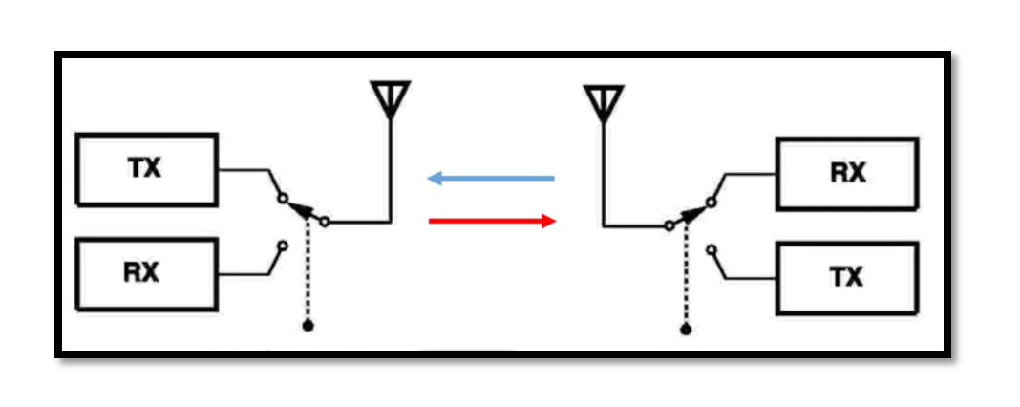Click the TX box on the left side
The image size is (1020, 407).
pyautogui.click(x=146, y=170)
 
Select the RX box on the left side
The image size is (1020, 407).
pyautogui.click(x=146, y=273)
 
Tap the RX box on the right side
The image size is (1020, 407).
pyautogui.click(x=847, y=174)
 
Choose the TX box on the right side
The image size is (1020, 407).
pyautogui.click(x=847, y=278)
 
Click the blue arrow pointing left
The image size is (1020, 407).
pyautogui.click(x=491, y=178)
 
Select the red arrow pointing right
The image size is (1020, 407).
pyautogui.click(x=492, y=221)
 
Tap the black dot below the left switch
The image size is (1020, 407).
pyautogui.click(x=308, y=326)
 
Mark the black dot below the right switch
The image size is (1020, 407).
pyautogui.click(x=685, y=331)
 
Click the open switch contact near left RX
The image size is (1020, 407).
pyautogui.click(x=283, y=246)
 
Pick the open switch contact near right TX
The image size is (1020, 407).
pyautogui.click(x=712, y=249)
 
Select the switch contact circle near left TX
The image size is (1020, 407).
pyautogui.click(x=283, y=198)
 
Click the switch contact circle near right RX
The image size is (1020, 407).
pyautogui.click(x=712, y=203)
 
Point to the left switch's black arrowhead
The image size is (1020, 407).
pyautogui.click(x=301, y=209)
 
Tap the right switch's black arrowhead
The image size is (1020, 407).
pyautogui.click(x=693, y=214)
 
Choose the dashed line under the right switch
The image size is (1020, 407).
pyautogui.click(x=685, y=273)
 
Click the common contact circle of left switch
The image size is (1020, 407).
pyautogui.click(x=325, y=222)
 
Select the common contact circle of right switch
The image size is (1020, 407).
pyautogui.click(x=669, y=226)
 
